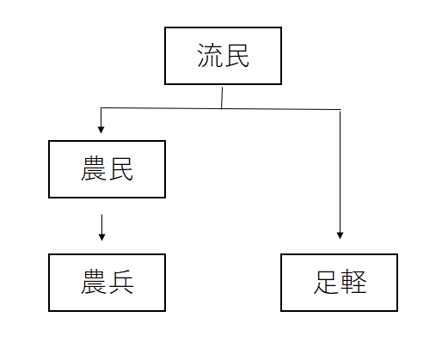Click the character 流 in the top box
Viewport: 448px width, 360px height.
(210, 56)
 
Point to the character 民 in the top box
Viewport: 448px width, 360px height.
(236, 56)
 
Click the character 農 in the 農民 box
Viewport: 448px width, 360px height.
(94, 168)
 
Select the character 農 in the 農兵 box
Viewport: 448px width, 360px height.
(94, 282)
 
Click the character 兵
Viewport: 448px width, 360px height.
(121, 282)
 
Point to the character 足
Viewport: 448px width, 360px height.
(326, 282)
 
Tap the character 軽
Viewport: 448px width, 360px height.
(353, 282)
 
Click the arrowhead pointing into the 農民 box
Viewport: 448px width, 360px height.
(101, 130)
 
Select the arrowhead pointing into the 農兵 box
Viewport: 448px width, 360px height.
(101, 237)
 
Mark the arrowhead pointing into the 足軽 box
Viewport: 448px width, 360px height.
(340, 235)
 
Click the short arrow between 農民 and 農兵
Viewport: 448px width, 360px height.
(101, 228)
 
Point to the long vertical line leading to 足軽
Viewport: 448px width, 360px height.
(340, 175)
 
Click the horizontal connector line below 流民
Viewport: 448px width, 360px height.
(221, 108)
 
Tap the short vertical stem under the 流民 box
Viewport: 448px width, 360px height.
(222, 98)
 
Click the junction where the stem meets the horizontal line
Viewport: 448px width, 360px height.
(221, 108)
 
